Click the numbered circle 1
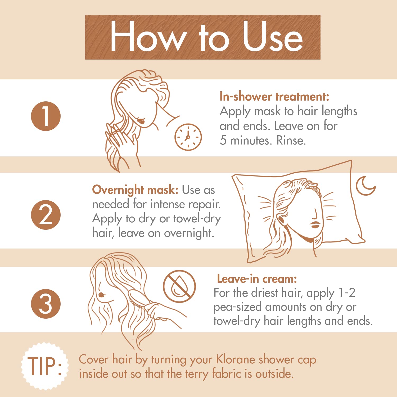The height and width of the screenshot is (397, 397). (x=46, y=116)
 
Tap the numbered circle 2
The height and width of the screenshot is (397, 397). (x=46, y=215)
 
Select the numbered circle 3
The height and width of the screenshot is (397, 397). (x=46, y=304)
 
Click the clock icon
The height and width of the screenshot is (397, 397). (x=188, y=137)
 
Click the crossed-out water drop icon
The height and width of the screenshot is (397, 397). (x=179, y=286)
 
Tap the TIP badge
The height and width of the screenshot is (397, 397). (x=45, y=366)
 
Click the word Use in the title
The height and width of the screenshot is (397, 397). (x=273, y=36)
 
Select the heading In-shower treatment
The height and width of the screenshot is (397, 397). (x=274, y=97)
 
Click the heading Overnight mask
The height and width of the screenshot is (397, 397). (x=135, y=190)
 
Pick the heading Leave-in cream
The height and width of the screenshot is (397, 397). (x=257, y=279)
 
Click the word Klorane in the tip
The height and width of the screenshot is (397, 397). (x=236, y=359)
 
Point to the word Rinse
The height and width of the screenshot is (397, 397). (x=291, y=140)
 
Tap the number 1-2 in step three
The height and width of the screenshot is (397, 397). (x=347, y=293)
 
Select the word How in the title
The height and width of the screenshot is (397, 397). (x=147, y=36)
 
